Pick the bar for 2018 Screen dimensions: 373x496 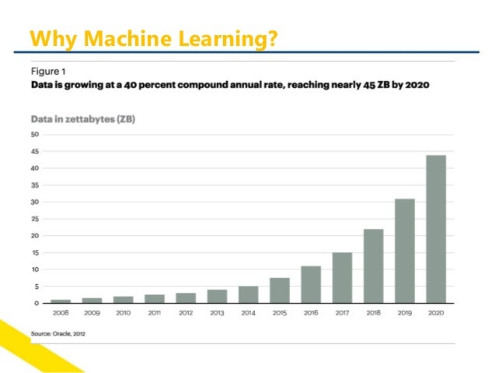point(373,266)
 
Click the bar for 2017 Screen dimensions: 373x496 point(342,277)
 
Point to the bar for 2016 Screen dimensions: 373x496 point(311,284)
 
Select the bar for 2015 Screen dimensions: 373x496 point(280,290)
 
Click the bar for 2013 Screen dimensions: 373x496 point(217,296)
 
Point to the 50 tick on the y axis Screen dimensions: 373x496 point(35,135)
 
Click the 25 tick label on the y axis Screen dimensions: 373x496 point(35,219)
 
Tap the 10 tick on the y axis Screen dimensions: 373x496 point(35,269)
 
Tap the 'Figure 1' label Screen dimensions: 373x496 point(48,69)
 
